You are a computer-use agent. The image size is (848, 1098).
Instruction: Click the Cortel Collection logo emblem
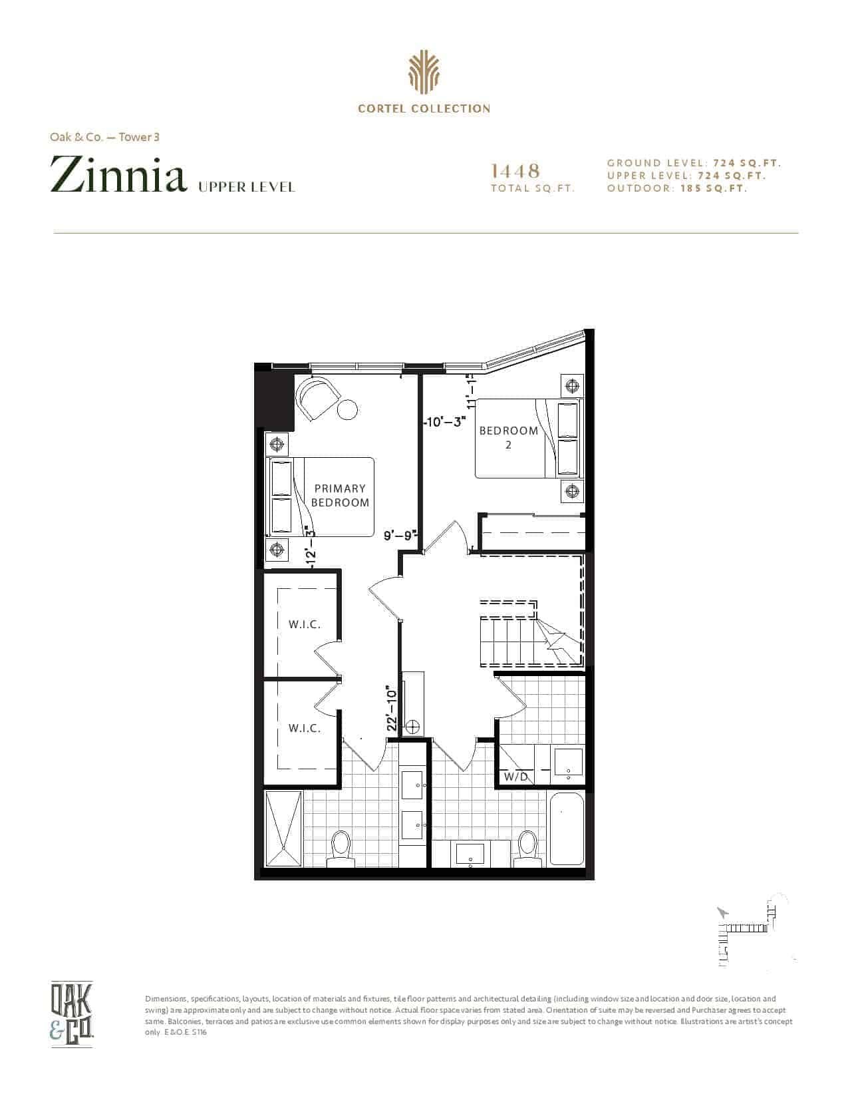coord(424,73)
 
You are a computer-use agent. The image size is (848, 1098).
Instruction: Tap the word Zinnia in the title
coord(118,175)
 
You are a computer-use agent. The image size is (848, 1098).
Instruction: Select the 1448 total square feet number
coord(515,171)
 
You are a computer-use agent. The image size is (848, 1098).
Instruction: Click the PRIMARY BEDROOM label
coord(340,495)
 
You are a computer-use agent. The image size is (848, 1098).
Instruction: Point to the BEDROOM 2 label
coord(509,438)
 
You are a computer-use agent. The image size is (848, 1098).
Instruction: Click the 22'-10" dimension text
coord(392,708)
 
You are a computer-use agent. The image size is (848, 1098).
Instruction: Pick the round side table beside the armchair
coord(347,409)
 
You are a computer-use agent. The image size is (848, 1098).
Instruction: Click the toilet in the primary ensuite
coord(341,850)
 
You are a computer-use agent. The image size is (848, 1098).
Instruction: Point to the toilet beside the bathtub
coord(527,850)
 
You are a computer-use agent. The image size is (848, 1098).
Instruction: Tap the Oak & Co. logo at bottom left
coord(71,1013)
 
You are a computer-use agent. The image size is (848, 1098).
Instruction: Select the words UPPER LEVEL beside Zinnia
coord(247,188)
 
